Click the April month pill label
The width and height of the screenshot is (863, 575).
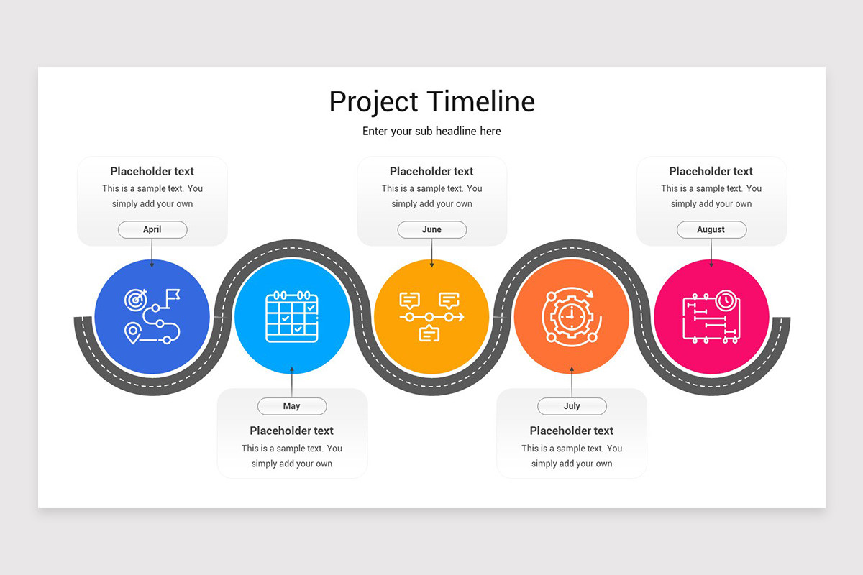pos(152,229)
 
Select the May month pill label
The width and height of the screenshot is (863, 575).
pos(292,406)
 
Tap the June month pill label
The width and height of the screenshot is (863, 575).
pos(431,229)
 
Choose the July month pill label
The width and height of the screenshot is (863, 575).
pos(572,406)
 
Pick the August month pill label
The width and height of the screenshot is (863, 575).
pos(711,229)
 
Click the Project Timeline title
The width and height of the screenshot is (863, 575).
pos(431,101)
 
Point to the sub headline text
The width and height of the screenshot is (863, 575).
pos(431,131)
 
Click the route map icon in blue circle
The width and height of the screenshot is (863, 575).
pos(152,316)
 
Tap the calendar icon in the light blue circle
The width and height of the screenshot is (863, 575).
pos(292,316)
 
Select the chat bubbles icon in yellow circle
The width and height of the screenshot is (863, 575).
pos(431,316)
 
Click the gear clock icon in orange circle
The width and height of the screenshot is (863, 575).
pos(572,316)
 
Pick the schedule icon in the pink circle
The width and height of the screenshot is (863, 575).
pos(711,316)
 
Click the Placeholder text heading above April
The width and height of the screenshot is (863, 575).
pos(152,171)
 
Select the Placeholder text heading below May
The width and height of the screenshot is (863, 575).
pos(292,431)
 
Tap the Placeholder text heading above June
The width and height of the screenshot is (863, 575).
pos(431,171)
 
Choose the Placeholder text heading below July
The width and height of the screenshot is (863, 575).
pos(572,431)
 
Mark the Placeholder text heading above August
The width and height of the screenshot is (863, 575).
pos(711,171)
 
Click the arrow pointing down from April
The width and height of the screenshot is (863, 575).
pos(152,253)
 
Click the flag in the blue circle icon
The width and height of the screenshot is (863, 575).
pos(173,295)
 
